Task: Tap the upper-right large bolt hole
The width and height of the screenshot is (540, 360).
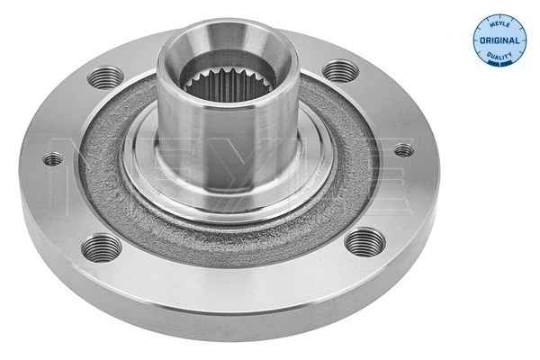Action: coord(337,69)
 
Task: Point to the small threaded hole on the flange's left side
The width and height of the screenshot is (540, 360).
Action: coord(54,159)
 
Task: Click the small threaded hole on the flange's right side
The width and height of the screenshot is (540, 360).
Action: coord(403,150)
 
